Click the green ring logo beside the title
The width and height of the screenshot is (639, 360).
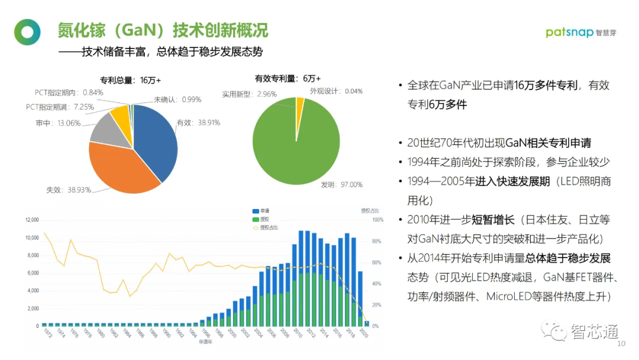27,32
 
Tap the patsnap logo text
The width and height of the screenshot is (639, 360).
569,32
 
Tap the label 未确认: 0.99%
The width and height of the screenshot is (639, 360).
177,99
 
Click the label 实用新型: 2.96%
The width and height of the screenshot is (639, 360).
249,94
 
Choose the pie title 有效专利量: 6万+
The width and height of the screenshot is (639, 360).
288,78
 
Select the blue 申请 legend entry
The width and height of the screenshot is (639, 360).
260,211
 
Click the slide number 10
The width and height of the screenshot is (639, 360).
621,344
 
